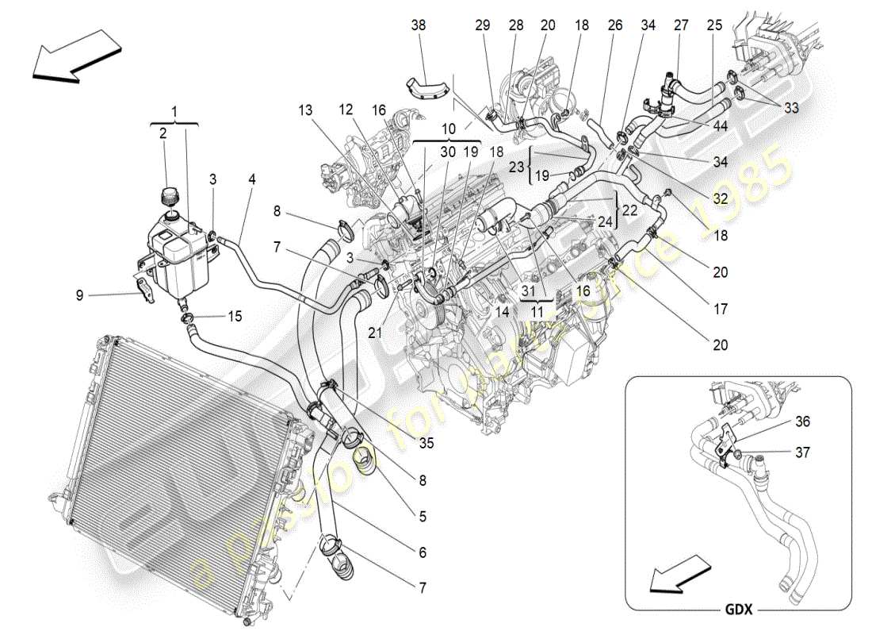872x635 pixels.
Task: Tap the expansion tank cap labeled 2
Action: pyautogui.click(x=169, y=195)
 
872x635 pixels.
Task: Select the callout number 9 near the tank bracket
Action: pyautogui.click(x=79, y=295)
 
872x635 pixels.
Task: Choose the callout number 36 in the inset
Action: pyautogui.click(x=803, y=422)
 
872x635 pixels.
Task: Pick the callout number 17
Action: pyautogui.click(x=720, y=310)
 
